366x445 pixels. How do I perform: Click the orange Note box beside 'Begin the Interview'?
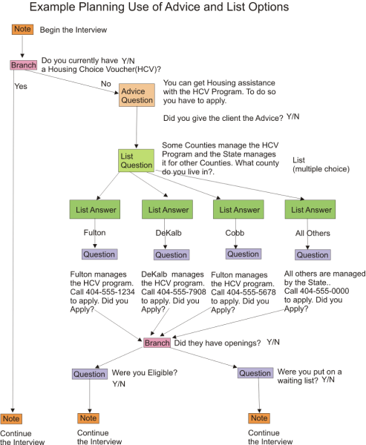point(22,30)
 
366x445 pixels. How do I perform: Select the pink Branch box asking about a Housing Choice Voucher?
point(24,65)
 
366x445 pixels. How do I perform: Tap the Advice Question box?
point(137,95)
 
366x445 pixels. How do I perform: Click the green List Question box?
point(136,161)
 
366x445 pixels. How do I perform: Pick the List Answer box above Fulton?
point(92,210)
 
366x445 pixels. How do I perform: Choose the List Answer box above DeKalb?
point(164,210)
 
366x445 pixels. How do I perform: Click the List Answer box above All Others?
point(308,210)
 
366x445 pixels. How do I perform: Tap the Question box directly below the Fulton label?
point(99,254)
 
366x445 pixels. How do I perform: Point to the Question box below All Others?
point(312,254)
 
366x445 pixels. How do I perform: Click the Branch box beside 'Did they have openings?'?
point(157,343)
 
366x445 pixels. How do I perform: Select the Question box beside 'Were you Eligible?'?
point(89,374)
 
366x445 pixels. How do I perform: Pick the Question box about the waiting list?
point(255,373)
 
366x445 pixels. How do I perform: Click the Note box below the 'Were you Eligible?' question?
point(88,419)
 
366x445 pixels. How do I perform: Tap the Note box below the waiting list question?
point(258,419)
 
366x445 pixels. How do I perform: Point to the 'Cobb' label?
point(235,232)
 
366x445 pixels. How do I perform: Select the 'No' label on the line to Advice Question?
point(105,84)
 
